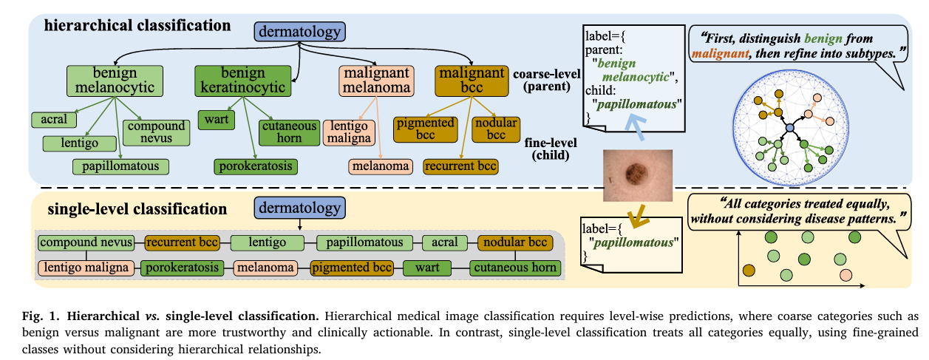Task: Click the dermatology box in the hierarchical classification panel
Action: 299,32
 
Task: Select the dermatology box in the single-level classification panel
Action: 299,208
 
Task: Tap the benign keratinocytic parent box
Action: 242,81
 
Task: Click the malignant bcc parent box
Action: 472,81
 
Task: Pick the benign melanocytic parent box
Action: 115,81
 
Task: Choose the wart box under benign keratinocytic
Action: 216,120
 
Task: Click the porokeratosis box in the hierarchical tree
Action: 256,166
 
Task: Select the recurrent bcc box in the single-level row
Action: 182,242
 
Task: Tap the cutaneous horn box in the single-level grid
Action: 515,268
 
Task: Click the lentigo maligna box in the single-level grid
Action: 86,268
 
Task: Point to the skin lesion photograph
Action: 638,175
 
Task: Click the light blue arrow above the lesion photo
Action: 636,127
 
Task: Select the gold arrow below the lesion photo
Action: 638,216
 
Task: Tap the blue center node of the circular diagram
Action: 790,128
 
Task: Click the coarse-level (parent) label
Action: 547,80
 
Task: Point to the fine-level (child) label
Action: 551,149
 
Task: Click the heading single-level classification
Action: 137,209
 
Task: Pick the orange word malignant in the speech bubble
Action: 720,53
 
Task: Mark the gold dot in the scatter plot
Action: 749,271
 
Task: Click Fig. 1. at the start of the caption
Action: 41,316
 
